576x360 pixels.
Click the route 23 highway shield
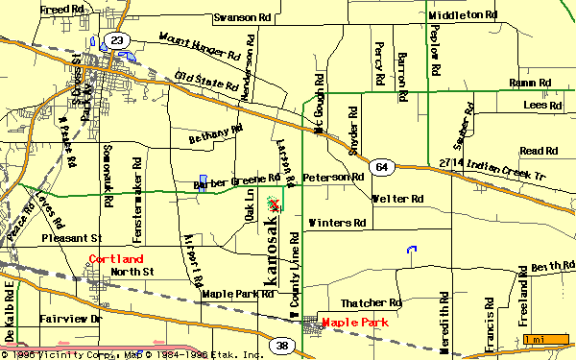117,39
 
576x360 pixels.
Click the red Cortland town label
116,259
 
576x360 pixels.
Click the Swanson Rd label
248,17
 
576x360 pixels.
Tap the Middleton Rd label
464,15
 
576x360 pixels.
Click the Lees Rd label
541,105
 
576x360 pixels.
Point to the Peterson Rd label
333,178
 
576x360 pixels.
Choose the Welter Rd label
397,200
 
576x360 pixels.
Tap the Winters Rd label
337,223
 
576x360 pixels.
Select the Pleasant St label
71,236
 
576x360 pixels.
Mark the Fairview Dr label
69,317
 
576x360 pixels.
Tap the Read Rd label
538,151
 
